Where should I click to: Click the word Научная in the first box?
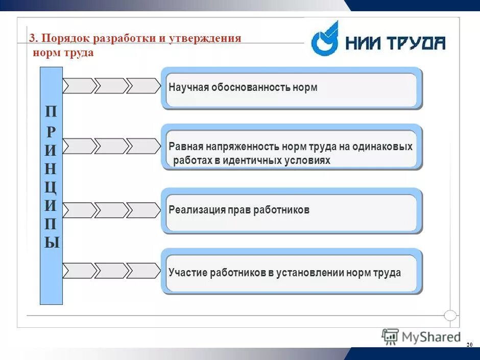(187, 88)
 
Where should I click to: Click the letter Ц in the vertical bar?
(51, 186)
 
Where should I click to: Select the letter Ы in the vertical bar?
(51, 242)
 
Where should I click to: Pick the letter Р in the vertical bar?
(51, 131)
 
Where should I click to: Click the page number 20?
(469, 346)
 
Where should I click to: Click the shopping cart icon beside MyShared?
(390, 337)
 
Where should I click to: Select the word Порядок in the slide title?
(63, 39)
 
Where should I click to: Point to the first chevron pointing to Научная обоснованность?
(79, 86)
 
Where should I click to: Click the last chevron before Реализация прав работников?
(142, 210)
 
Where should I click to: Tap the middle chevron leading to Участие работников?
(111, 271)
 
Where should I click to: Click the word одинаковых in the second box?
(386, 147)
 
